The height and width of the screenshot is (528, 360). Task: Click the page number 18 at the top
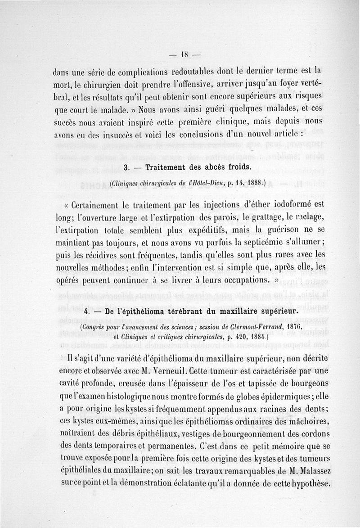pyautogui.click(x=184, y=55)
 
